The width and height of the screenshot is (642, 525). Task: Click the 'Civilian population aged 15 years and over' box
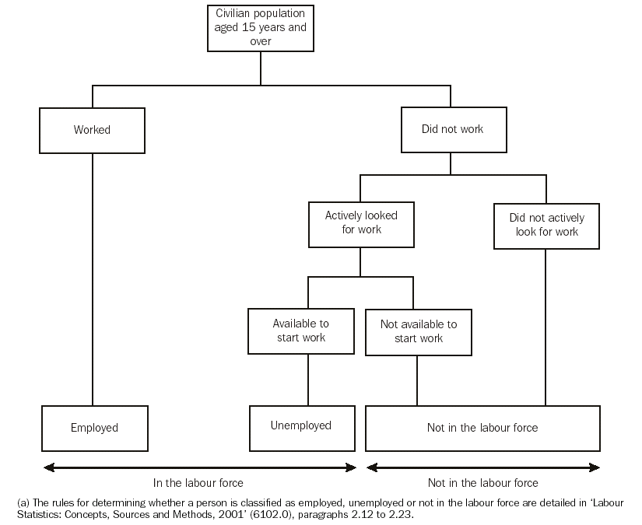[261, 27]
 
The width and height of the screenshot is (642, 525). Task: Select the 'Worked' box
[92, 130]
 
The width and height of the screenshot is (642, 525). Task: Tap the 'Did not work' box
[452, 129]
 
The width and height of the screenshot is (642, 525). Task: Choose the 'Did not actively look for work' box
[546, 225]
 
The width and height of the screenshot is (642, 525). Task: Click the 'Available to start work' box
[300, 331]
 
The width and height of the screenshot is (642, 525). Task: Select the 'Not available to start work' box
[418, 331]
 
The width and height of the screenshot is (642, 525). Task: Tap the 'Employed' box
[94, 427]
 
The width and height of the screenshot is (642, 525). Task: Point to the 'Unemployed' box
[300, 425]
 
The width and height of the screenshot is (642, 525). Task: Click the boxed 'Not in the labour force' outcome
[482, 427]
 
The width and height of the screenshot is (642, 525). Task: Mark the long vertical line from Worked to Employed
[93, 280]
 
